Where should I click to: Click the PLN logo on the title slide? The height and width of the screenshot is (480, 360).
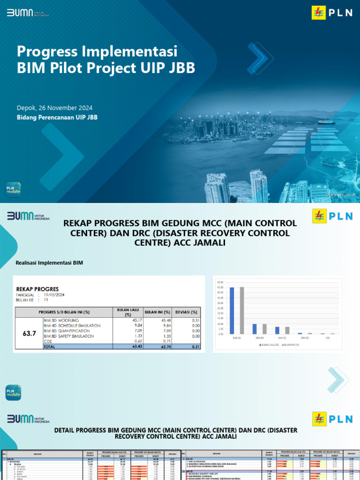332,13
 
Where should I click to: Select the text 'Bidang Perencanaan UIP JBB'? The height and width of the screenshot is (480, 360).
57,117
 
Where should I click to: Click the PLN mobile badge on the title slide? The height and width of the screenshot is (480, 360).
13,188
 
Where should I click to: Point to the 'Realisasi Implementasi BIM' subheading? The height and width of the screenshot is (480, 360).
49,263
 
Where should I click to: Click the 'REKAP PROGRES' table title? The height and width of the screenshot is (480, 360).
37,289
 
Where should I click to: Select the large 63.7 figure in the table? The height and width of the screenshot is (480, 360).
30,333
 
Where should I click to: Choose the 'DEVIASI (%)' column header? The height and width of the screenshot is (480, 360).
186,312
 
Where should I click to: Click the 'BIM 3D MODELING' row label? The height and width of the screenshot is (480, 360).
61,320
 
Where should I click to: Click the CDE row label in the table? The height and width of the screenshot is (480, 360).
47,341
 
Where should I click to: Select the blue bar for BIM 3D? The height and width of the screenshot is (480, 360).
232,310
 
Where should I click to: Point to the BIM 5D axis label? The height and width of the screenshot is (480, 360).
282,337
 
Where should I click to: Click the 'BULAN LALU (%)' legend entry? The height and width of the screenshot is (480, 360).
270,345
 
